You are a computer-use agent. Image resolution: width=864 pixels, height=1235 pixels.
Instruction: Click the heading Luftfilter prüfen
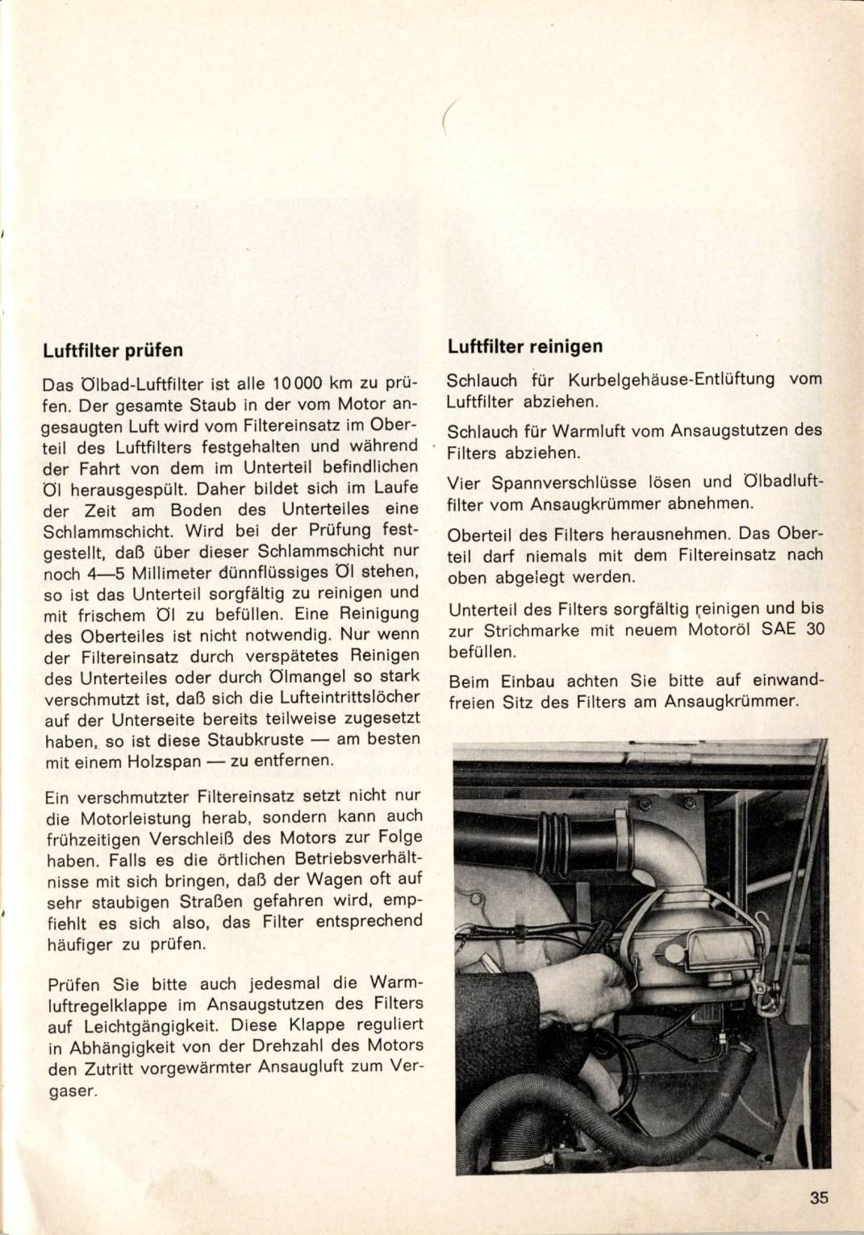(112, 351)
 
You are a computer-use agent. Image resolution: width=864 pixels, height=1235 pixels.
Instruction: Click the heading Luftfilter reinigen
(525, 347)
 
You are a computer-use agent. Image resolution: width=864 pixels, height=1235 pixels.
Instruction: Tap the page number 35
(819, 1198)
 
